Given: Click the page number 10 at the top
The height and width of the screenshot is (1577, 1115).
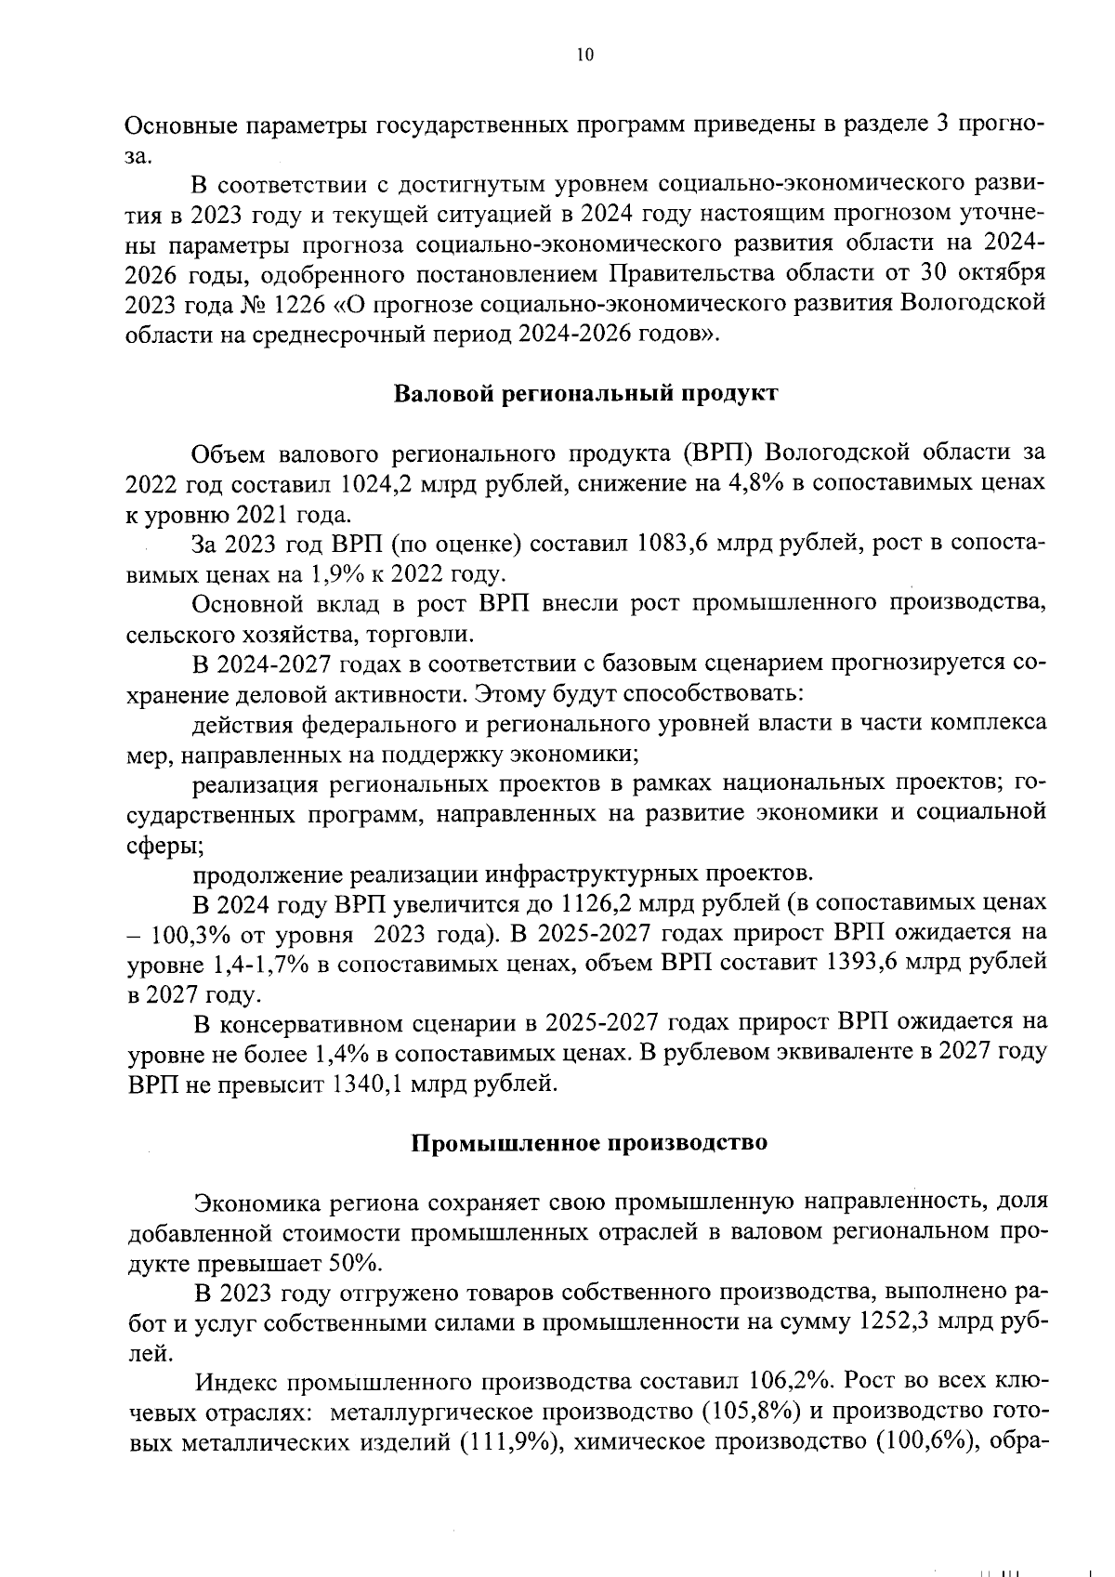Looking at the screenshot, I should click(x=584, y=55).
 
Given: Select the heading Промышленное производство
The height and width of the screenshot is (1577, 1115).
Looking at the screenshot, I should click(x=589, y=1143).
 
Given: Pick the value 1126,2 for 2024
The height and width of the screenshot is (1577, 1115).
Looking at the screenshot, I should click(x=601, y=903).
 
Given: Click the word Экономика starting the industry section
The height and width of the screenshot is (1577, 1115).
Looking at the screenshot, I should click(x=253, y=1202).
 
